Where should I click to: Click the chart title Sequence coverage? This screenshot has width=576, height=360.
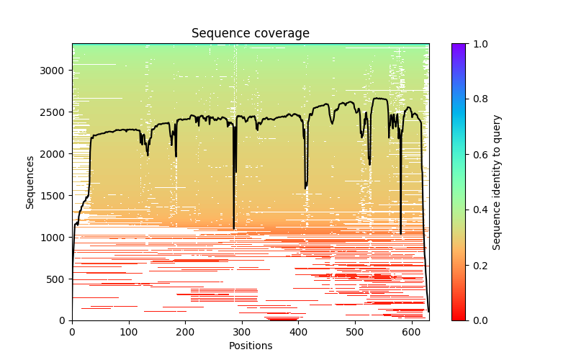[250, 33]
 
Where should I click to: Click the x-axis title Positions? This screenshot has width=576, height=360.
[250, 346]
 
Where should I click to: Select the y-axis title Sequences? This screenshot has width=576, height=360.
[30, 182]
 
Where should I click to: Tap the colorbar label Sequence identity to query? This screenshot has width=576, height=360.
[497, 182]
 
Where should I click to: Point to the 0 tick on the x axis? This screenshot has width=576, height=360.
[72, 331]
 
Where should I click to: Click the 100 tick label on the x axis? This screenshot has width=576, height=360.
[129, 331]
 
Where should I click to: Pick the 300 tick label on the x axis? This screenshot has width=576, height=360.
[242, 331]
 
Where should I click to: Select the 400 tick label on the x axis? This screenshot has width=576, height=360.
[298, 331]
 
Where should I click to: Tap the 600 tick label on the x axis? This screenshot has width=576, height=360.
[411, 331]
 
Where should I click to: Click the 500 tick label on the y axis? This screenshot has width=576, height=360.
[57, 279]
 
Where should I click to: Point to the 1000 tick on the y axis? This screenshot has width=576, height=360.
[54, 237]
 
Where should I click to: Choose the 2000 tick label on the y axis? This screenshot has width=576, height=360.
[54, 154]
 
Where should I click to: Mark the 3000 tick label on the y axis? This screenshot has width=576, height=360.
[54, 71]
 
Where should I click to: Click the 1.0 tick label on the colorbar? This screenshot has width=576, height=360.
[477, 44]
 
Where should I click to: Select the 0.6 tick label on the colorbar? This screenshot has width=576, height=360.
[477, 154]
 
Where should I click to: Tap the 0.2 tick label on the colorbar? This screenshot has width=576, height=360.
[477, 265]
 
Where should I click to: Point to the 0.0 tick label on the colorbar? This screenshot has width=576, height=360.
[477, 320]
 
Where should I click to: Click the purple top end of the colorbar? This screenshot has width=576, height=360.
[458, 46]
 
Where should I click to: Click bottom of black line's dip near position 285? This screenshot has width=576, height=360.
[234, 228]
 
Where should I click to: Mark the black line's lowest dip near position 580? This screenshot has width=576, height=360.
[401, 233]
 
